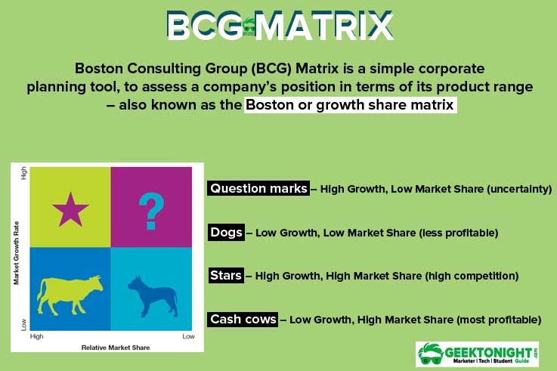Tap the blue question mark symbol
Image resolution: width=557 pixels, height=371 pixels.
151,209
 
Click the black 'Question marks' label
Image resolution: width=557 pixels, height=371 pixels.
258,189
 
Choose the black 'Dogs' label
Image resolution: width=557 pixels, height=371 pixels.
226,232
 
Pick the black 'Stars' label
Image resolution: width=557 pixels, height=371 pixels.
226,276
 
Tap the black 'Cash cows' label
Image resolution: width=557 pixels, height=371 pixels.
243,320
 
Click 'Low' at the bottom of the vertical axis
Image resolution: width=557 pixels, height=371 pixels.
23,324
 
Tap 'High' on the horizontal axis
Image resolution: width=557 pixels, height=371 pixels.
37,337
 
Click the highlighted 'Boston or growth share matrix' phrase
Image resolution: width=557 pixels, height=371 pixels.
351,105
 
